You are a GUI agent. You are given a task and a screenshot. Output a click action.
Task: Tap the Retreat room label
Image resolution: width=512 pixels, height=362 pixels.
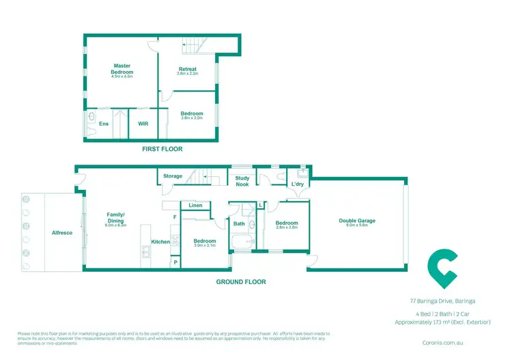188,69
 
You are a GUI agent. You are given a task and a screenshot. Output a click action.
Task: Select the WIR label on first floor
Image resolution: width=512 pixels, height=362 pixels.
143,124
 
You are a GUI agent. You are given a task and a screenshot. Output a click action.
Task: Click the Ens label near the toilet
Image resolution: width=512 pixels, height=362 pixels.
104,124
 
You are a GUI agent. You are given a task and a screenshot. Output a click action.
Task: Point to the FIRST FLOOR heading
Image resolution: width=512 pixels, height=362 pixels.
162,148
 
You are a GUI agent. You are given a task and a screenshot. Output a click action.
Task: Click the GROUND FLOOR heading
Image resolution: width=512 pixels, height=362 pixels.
241,281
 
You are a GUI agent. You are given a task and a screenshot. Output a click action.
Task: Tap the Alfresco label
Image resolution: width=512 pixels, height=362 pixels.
63,232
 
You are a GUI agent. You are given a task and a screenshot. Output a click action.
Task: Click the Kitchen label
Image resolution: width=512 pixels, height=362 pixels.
160,242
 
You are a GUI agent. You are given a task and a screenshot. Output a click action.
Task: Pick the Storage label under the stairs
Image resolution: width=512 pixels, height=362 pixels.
173,176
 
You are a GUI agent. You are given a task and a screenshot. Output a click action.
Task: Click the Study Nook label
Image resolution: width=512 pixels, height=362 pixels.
242,180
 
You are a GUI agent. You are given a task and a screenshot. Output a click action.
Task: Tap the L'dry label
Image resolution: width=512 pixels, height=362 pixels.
298,184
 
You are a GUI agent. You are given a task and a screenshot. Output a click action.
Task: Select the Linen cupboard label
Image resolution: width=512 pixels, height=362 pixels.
195,206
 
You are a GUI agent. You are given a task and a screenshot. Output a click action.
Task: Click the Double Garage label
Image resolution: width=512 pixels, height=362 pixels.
357,221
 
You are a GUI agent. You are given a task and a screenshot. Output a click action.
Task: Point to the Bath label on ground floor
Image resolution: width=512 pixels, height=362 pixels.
239,223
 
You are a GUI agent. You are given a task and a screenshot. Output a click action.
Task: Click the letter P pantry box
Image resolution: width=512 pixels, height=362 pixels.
175,262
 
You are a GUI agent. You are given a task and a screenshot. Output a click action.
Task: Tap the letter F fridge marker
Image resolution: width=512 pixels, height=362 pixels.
175,217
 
